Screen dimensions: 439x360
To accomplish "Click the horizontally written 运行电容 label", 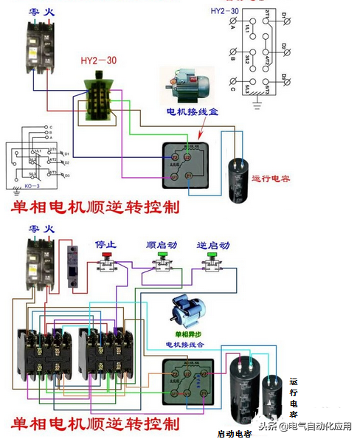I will (x=272, y=179).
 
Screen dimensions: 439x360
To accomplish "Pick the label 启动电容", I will (x=235, y=432).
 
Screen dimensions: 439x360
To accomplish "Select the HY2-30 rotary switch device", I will (x=96, y=96).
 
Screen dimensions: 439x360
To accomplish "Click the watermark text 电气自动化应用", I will (x=319, y=426).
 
